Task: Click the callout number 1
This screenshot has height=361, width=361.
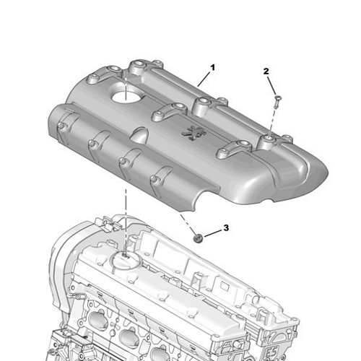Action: click(x=212, y=67)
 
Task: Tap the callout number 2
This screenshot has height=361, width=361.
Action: click(x=266, y=71)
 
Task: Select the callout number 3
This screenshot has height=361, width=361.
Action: click(x=225, y=227)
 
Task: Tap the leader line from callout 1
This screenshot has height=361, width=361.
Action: click(x=204, y=79)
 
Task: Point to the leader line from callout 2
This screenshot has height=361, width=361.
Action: click(x=271, y=84)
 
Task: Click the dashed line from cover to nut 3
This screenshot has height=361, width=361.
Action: click(x=186, y=220)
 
